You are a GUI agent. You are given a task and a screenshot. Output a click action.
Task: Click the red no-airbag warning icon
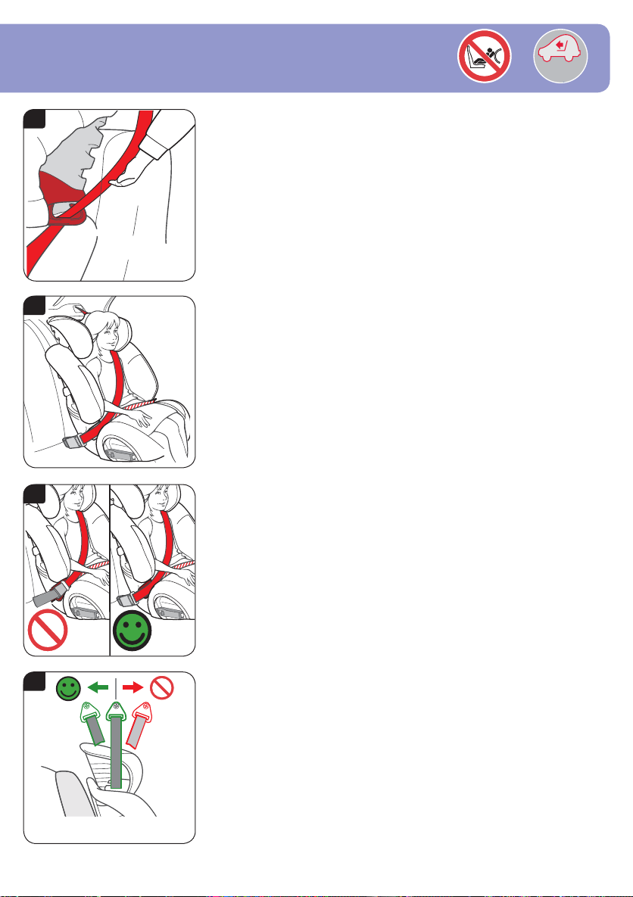tap(484, 58)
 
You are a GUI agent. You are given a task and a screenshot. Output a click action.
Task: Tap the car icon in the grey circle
tap(560, 58)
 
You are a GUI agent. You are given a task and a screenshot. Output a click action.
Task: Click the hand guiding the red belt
tap(126, 179)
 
